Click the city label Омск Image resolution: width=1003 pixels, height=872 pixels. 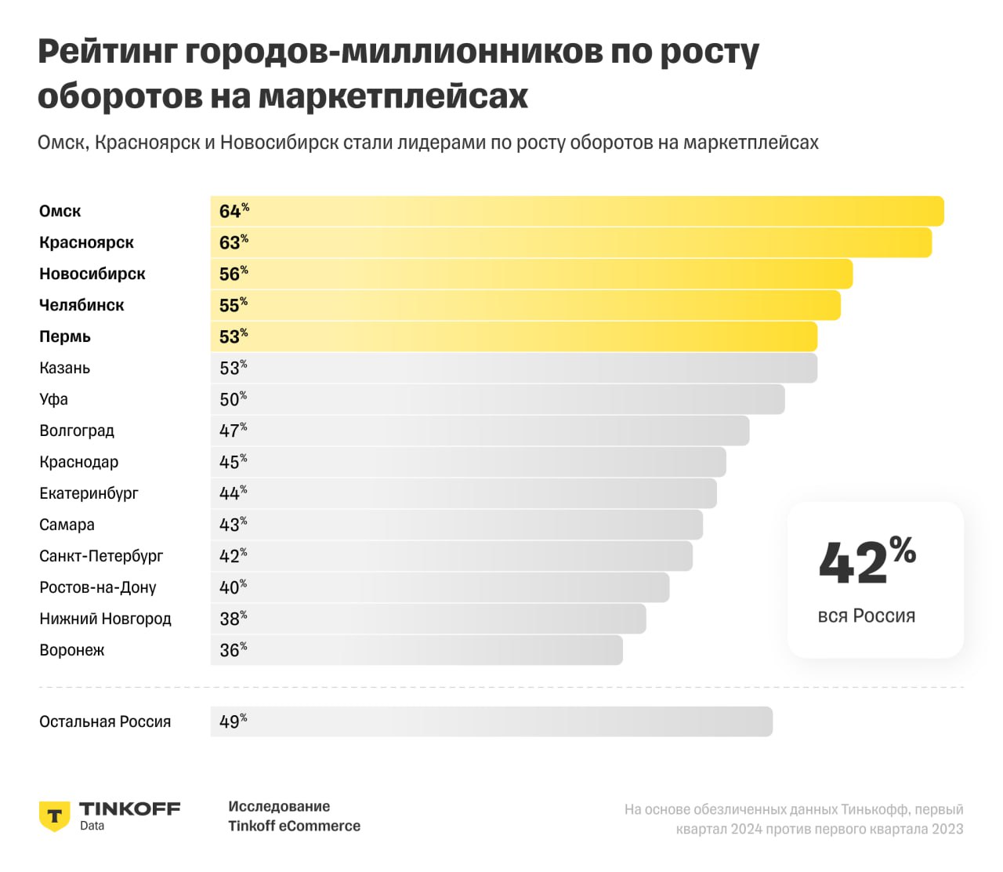point(60,212)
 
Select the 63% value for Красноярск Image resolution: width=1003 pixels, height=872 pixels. point(233,242)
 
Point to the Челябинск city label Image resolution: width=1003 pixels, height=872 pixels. point(81,306)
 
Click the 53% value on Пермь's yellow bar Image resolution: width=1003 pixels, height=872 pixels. point(233,336)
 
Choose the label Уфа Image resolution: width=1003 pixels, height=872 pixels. point(54,400)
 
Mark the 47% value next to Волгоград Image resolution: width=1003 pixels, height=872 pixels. point(233,431)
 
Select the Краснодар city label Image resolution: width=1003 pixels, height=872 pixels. point(79,463)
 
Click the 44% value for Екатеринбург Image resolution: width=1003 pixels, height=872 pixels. point(233,493)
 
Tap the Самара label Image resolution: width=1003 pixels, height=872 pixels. point(67,525)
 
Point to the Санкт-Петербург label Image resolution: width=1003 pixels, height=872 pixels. point(102,557)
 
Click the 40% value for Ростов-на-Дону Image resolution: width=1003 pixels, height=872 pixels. point(233,587)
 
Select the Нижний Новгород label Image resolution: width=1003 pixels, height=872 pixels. point(106,619)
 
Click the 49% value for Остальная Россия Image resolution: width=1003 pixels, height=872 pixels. point(233,721)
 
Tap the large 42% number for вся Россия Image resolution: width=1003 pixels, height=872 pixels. point(867,561)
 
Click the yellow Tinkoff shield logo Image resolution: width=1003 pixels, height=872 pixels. point(55,816)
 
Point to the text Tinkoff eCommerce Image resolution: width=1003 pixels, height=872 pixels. point(295,827)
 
